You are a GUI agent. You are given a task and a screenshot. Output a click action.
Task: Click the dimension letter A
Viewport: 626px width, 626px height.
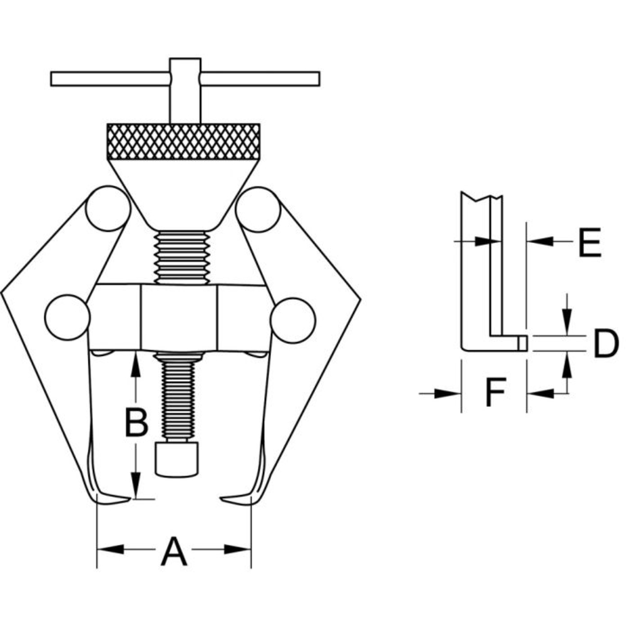coord(173,552)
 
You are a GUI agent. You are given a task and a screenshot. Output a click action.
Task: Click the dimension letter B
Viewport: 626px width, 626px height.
coord(136,422)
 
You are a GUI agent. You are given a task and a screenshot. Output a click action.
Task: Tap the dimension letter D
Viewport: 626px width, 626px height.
coord(605,343)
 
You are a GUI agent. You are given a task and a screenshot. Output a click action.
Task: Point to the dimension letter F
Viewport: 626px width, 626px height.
coord(495,392)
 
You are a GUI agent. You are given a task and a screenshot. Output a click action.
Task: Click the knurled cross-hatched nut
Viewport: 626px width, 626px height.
coord(183,141)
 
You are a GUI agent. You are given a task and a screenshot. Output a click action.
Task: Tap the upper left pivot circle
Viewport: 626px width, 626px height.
coord(108,208)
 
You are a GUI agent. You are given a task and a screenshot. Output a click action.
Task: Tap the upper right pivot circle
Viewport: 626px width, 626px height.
coord(258,209)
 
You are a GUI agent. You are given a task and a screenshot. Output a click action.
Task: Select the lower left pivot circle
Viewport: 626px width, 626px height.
coord(68,317)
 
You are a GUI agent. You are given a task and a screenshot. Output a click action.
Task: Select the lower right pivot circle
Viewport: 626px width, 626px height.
coord(292,320)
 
